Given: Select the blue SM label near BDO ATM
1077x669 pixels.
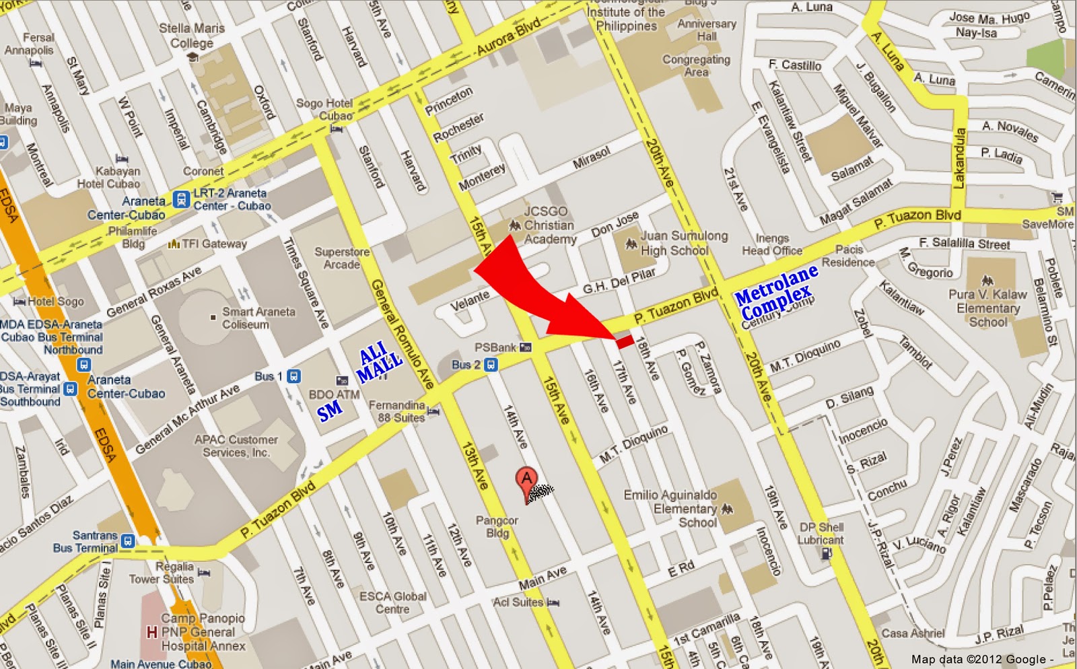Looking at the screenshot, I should point(330,411).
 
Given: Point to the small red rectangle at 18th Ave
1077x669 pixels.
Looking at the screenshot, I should point(625,341).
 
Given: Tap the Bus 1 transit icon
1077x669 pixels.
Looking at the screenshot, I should point(293,376).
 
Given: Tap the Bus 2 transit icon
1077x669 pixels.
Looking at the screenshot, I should point(491,365).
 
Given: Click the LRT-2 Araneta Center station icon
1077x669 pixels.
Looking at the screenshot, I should point(180,199).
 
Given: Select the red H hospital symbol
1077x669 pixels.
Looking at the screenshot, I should point(152,632).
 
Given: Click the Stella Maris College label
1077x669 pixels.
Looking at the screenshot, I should point(192,36).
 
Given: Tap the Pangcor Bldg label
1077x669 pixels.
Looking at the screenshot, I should point(497,526).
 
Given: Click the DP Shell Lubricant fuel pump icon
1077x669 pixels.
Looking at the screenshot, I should point(827,553).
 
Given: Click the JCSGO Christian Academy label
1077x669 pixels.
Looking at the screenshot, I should point(549,225).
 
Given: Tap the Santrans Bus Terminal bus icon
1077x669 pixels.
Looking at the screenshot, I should point(128,540).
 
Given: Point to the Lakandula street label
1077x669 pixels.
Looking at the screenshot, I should point(959,158).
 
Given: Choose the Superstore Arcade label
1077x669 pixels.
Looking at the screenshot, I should point(342,258).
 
